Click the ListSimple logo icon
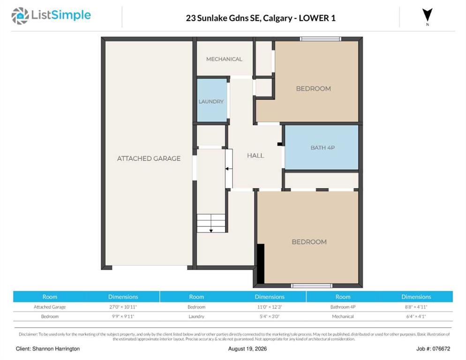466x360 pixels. pos(20,16)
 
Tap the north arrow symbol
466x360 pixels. pos(428,15)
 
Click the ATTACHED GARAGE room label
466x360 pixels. pos(149,158)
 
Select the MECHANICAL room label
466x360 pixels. pos(224,59)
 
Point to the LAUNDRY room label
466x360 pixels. pos(211,102)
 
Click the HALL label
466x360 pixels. pos(256,156)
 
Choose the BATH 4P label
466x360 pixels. pos(323,148)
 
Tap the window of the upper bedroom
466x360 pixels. pos(320,38)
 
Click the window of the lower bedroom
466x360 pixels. pos(311,286)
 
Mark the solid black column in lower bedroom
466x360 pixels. pos(261,264)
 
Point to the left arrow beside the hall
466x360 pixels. pos(228,169)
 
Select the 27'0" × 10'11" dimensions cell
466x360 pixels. pos(123,307)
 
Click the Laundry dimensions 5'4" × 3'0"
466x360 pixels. pos(270,316)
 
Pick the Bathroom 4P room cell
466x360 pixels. pos(343,307)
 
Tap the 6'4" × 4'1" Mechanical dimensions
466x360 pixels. pos(416,316)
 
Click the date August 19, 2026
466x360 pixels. pos(247,349)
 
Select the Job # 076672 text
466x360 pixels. pos(433,349)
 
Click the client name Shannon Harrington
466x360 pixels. pos(56,349)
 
